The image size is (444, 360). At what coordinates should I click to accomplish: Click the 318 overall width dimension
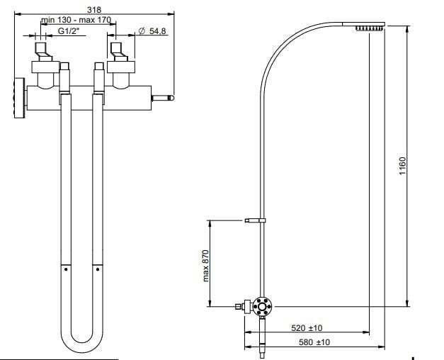[93, 9]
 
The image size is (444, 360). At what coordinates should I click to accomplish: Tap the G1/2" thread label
[68, 32]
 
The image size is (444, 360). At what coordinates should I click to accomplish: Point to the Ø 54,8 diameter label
[152, 32]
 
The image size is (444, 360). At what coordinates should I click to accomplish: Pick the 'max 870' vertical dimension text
[206, 264]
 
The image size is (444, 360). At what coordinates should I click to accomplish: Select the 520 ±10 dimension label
[307, 328]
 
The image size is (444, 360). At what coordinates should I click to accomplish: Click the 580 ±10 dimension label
[307, 342]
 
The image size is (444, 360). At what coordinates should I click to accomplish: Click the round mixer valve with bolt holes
[263, 306]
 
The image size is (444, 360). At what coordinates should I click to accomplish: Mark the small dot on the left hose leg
[65, 269]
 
